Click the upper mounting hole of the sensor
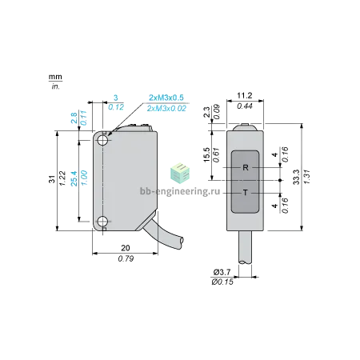102,140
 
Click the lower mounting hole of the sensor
102,222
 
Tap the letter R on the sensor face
246,167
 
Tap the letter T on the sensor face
246,193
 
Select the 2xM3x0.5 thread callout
166,98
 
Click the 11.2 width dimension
245,95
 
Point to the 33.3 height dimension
296,177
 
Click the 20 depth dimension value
126,248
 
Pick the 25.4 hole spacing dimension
74,178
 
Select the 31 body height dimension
52,179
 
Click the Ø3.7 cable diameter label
222,272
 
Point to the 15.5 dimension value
206,155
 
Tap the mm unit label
55,77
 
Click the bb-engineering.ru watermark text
180,191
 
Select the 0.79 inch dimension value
126,258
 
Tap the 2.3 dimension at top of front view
206,112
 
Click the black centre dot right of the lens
280,180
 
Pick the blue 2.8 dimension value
74,118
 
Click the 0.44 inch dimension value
245,106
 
